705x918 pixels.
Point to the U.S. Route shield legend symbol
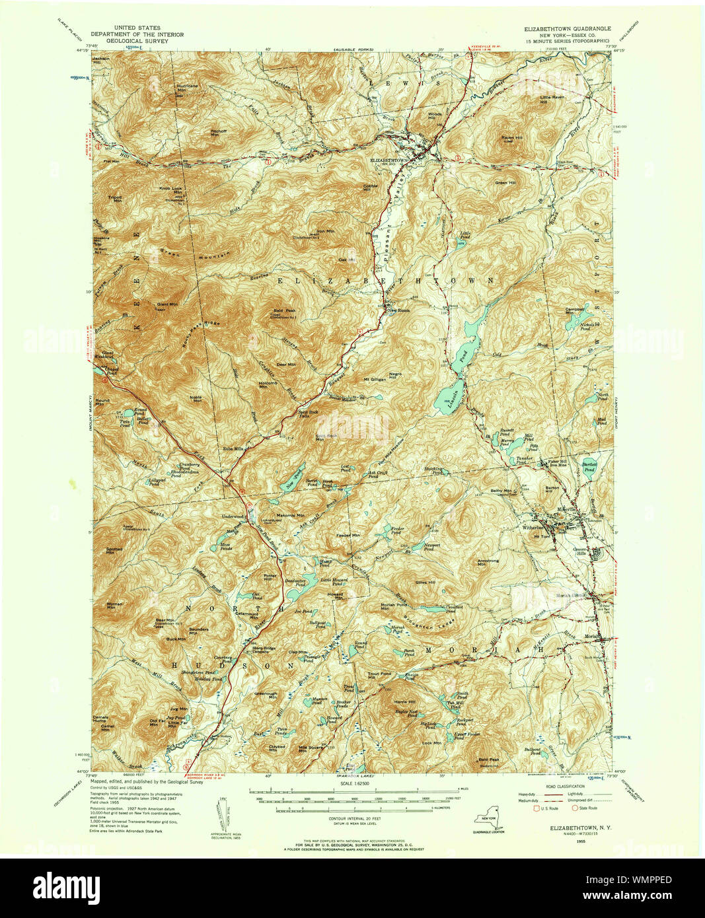pyautogui.click(x=535, y=808)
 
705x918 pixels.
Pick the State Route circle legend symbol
pyautogui.click(x=574, y=808)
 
